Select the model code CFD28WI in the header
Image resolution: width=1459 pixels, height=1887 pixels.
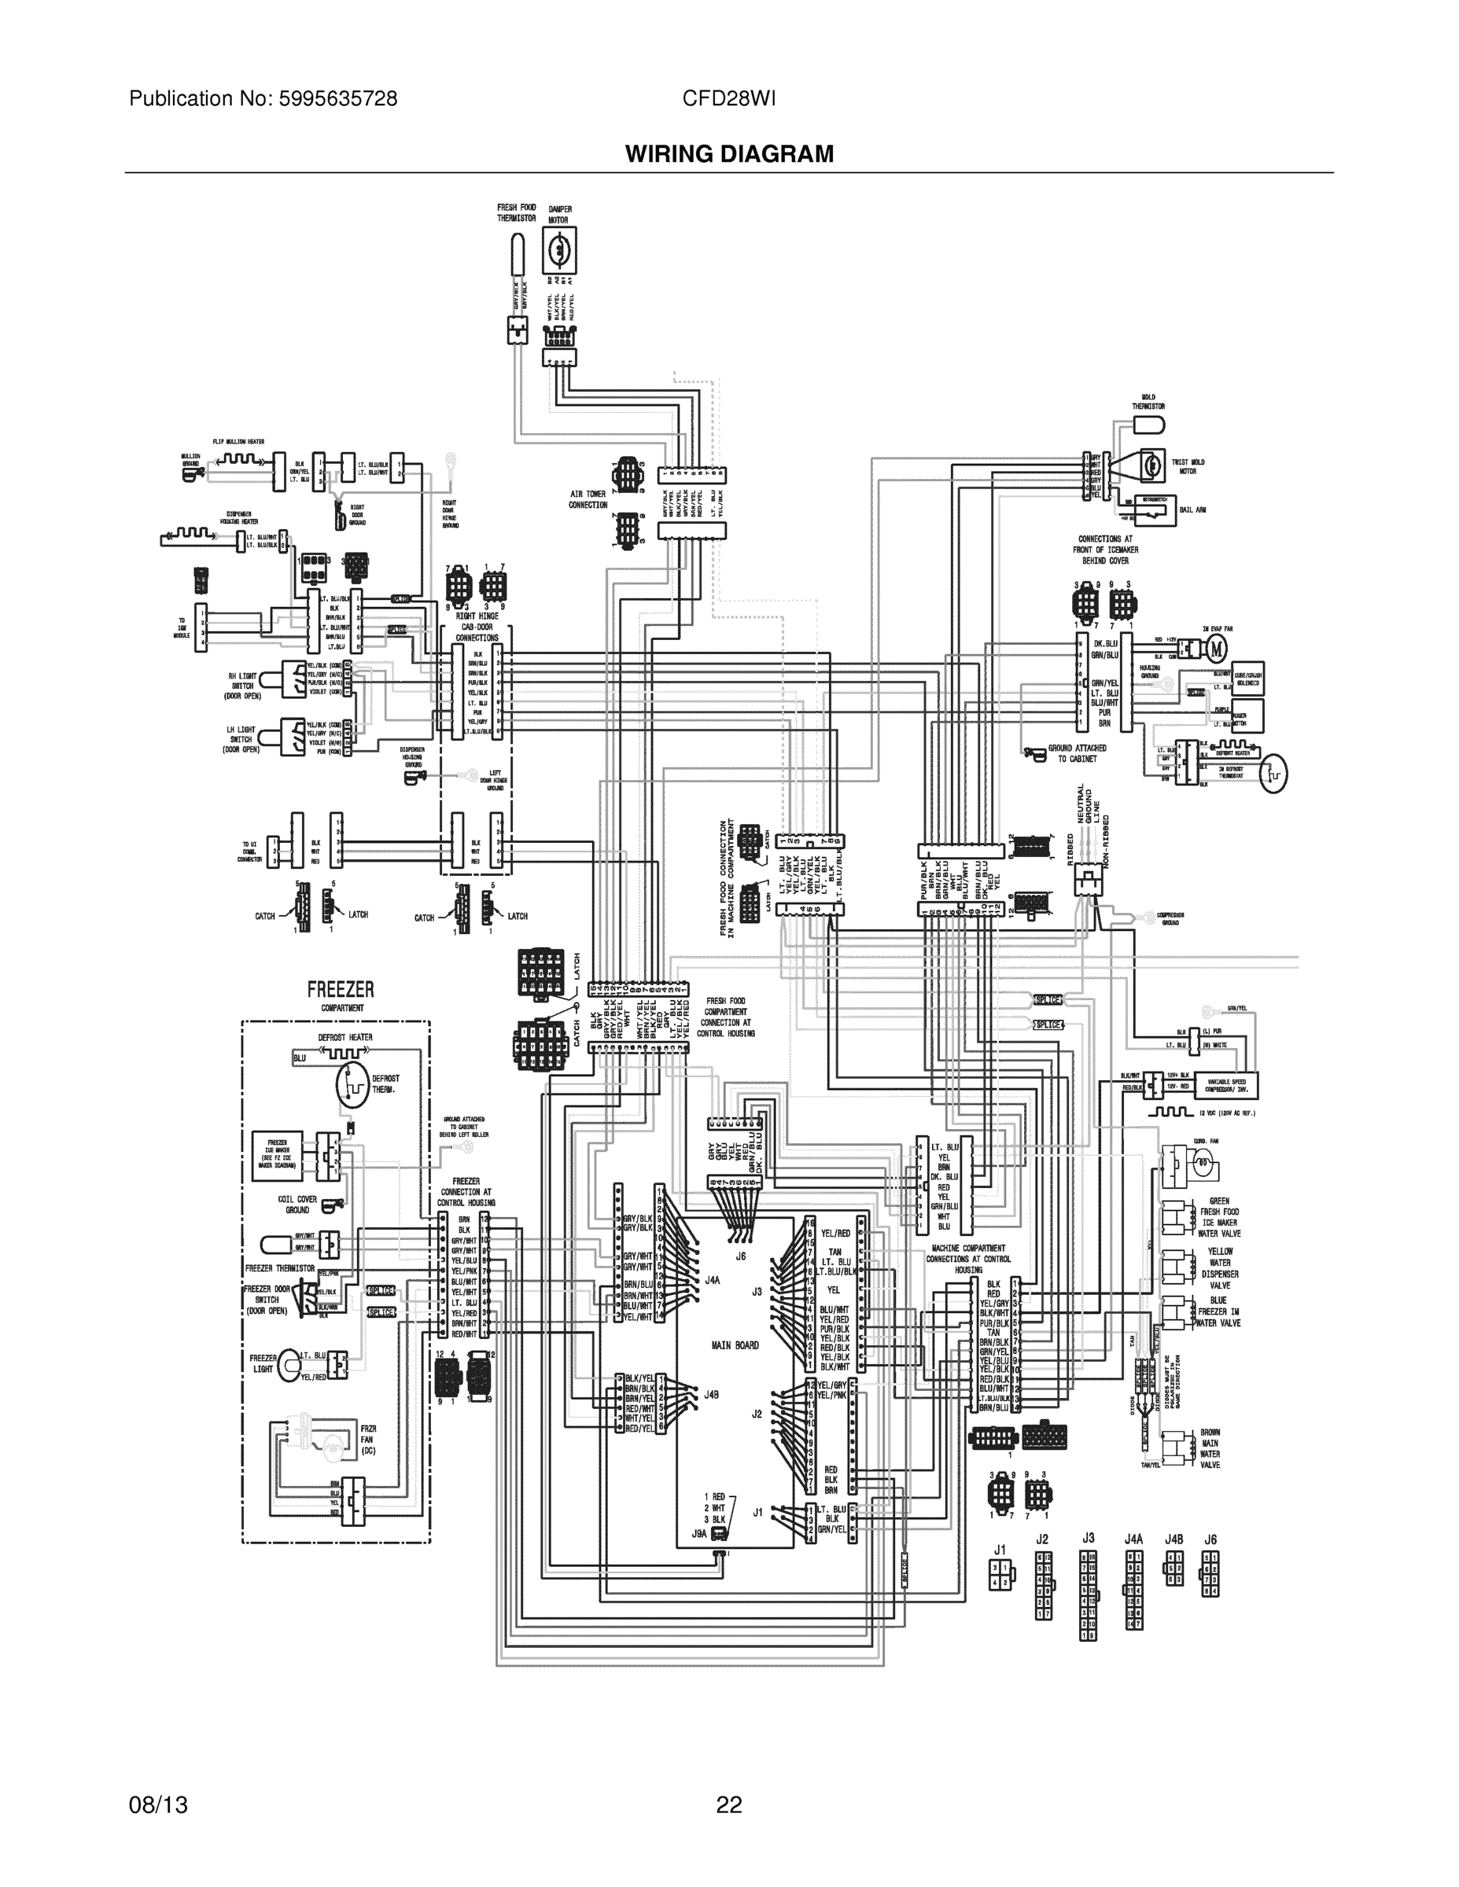(x=728, y=98)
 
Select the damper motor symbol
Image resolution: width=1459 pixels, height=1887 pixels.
(x=558, y=251)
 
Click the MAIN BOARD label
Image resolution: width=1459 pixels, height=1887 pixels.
(x=735, y=1345)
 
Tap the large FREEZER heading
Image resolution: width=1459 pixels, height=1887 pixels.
(x=341, y=989)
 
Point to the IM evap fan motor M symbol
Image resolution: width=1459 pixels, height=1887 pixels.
(x=1216, y=647)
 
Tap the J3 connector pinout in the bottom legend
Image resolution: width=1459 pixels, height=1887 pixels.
(x=1089, y=1594)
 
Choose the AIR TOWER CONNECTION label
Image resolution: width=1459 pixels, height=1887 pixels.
(x=588, y=499)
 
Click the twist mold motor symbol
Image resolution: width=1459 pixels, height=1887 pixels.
(x=1152, y=465)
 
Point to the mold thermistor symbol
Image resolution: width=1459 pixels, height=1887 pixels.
(x=1150, y=425)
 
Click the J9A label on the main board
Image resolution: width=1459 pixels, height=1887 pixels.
(x=699, y=1534)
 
